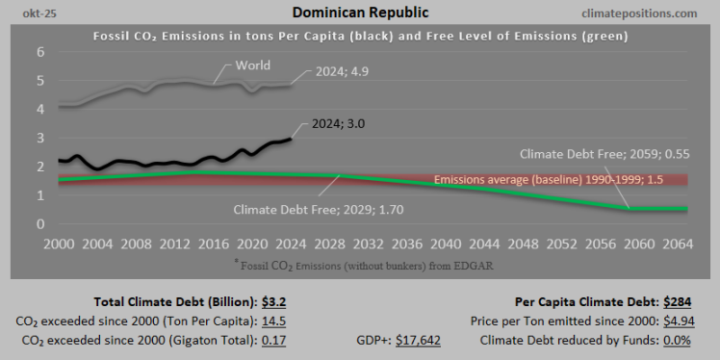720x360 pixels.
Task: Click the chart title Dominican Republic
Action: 359,13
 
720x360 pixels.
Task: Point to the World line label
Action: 252,65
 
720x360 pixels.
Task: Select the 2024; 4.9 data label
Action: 347,71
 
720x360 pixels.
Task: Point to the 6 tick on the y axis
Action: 41,52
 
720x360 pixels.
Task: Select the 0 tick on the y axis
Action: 41,224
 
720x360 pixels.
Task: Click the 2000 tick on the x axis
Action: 61,244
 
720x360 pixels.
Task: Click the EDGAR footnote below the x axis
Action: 358,263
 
